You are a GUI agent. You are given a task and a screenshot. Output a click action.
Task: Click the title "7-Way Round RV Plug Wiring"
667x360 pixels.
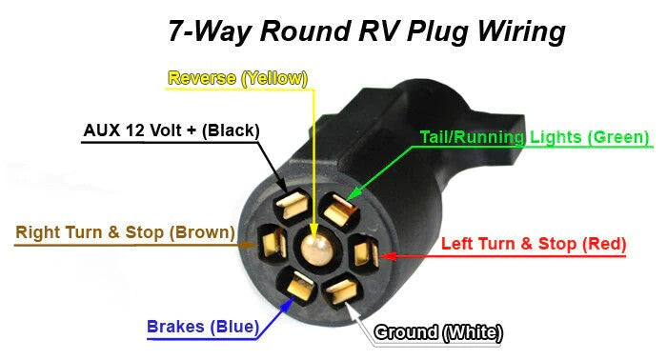click(x=366, y=30)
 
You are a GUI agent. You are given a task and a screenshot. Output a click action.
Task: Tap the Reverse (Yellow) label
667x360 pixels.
click(x=237, y=78)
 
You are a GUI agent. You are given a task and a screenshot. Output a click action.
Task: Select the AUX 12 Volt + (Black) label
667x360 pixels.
click(x=172, y=130)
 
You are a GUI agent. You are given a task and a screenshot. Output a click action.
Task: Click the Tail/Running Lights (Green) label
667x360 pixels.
click(x=535, y=137)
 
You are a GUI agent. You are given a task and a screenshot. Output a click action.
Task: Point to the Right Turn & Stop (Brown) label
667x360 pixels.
click(x=125, y=231)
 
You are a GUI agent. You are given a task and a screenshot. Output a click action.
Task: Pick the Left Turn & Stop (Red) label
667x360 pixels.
click(x=534, y=243)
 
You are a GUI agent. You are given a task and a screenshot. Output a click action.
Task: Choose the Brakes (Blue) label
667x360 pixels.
click(x=202, y=327)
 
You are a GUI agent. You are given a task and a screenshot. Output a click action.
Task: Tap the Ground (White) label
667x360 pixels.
click(x=438, y=332)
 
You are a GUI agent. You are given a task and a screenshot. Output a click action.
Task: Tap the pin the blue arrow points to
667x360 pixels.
click(x=298, y=286)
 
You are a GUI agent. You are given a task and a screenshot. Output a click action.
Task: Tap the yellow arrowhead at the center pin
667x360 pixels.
click(x=314, y=229)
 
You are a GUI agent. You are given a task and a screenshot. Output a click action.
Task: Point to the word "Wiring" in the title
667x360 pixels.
click(x=518, y=30)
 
